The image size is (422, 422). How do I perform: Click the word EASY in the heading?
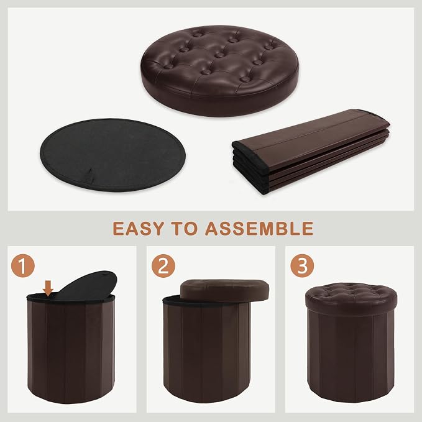pyautogui.click(x=138, y=229)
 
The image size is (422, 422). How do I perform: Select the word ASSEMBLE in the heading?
pyautogui.click(x=259, y=229)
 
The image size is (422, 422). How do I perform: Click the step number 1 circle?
pyautogui.click(x=23, y=266)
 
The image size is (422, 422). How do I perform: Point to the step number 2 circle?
pyautogui.click(x=163, y=266)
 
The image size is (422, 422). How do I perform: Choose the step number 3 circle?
pyautogui.click(x=302, y=266)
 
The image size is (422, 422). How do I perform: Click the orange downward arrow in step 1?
pyautogui.click(x=48, y=288)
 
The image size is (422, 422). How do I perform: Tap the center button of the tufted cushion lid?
pyautogui.click(x=220, y=55)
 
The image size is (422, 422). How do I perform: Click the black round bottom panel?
pyautogui.click(x=112, y=155)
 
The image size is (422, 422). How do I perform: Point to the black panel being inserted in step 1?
pyautogui.click(x=88, y=285)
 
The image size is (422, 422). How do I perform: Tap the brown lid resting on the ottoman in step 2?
pyautogui.click(x=224, y=290)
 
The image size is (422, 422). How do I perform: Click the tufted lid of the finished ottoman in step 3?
pyautogui.click(x=351, y=298)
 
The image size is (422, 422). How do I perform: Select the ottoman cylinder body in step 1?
pyautogui.click(x=71, y=350)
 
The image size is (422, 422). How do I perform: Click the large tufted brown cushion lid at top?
pyautogui.click(x=219, y=70)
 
